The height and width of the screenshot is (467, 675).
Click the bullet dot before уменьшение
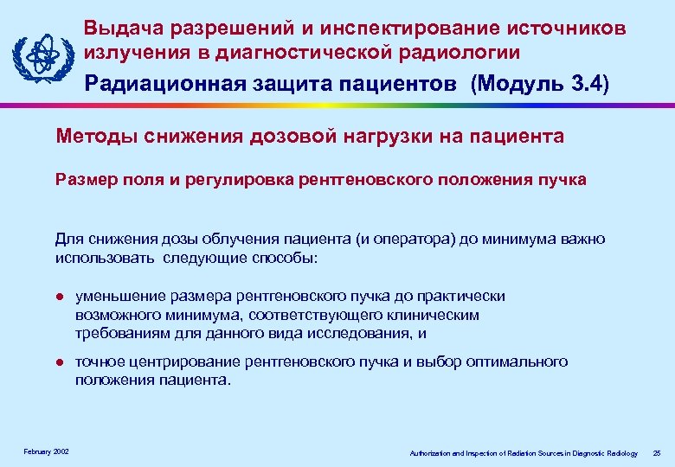(59, 297)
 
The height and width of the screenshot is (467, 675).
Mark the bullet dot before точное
(59, 361)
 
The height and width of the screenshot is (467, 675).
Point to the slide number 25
(656, 453)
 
